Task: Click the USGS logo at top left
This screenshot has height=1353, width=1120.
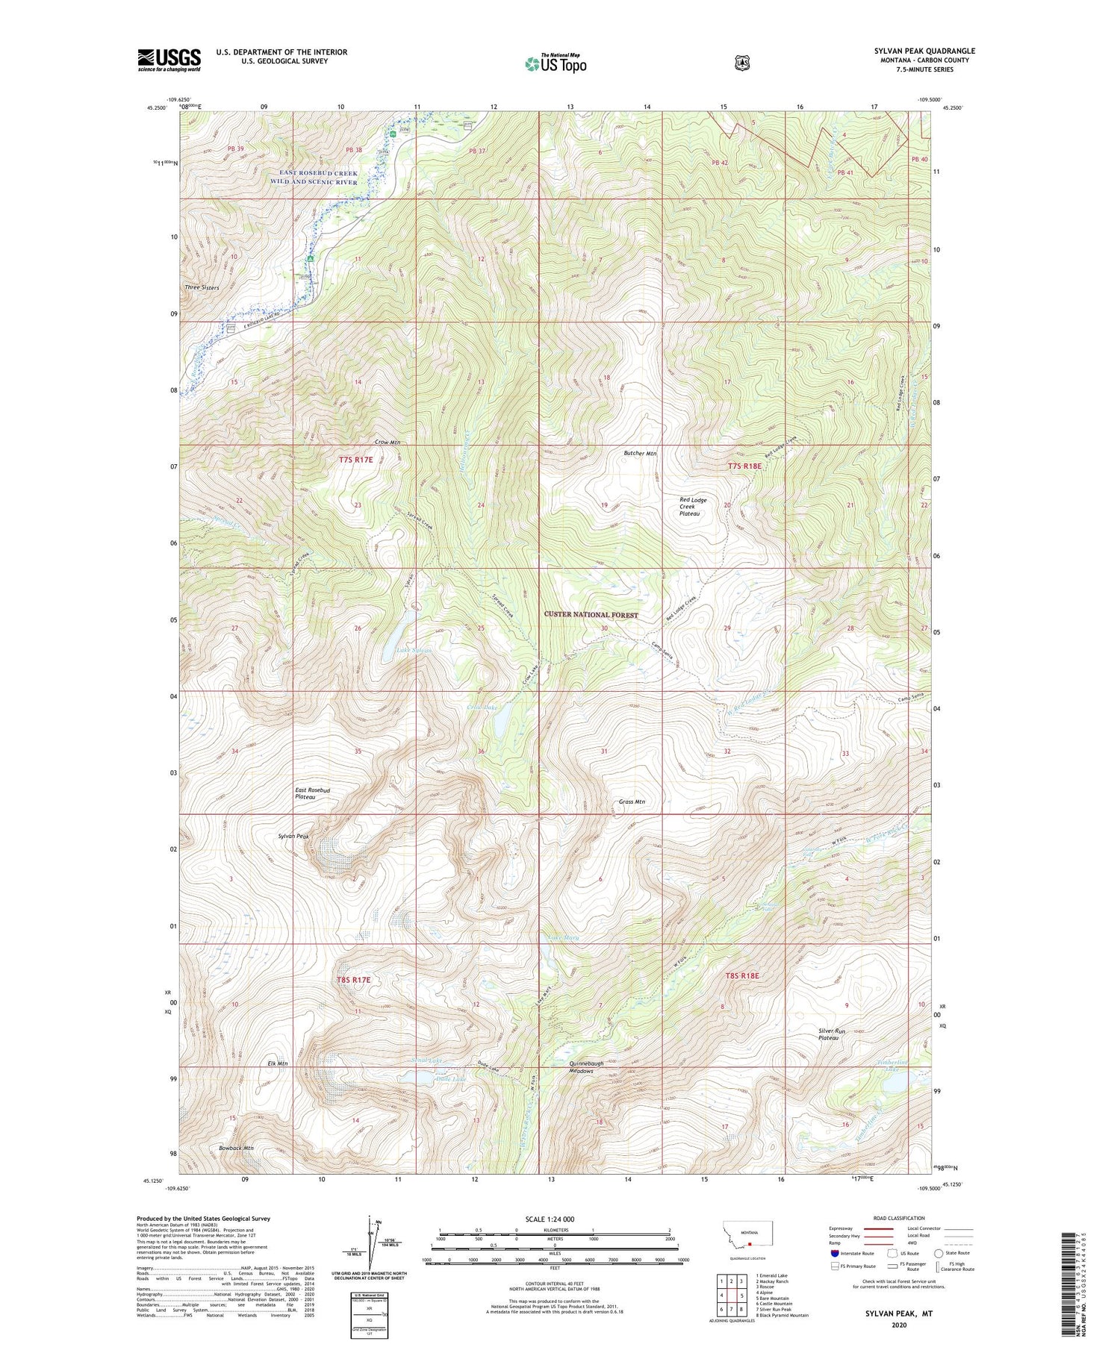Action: (169, 60)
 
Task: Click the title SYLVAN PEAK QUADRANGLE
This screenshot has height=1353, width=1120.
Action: (924, 51)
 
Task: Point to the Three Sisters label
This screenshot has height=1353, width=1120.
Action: (202, 287)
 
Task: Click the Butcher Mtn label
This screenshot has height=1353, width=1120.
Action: (640, 453)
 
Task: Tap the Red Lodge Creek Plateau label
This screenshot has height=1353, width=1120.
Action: (693, 507)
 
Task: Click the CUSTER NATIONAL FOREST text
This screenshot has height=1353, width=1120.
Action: (591, 615)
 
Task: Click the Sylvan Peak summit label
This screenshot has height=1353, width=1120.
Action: (293, 837)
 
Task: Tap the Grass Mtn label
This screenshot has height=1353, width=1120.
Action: (632, 802)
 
